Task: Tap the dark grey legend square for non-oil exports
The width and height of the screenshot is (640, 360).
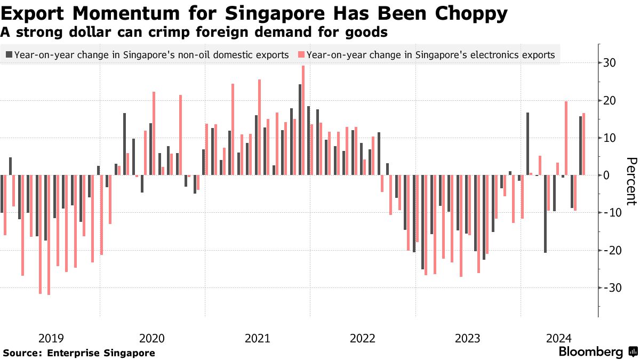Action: point(9,54)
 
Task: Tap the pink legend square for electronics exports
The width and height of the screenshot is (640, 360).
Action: point(301,54)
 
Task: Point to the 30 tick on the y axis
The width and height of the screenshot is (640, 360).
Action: point(610,63)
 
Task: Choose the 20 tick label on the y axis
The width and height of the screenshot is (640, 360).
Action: point(610,101)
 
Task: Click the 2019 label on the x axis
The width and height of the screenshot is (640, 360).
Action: point(51,338)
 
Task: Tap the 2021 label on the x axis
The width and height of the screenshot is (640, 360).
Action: point(257,338)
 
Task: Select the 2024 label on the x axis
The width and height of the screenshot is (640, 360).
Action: point(559,338)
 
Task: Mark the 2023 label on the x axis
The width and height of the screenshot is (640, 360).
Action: point(468,338)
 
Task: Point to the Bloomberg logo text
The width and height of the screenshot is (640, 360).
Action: point(590,352)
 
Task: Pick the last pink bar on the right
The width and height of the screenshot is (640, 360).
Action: point(583,144)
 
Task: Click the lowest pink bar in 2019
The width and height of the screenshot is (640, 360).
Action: point(49,235)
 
